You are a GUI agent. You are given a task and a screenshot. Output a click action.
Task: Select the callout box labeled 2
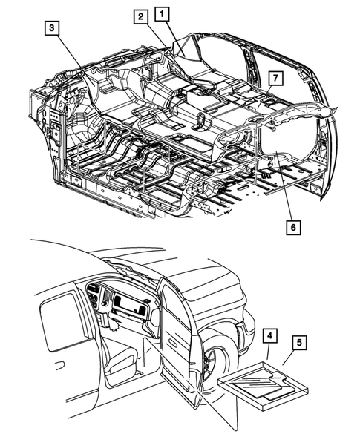pyautogui.click(x=141, y=17)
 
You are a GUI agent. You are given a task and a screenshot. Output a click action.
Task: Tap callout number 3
pyautogui.click(x=52, y=28)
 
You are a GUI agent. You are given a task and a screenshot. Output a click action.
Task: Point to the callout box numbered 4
pyautogui.click(x=269, y=336)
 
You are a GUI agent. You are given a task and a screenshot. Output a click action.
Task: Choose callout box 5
pyautogui.click(x=299, y=343)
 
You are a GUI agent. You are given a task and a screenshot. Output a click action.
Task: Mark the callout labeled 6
pyautogui.click(x=293, y=228)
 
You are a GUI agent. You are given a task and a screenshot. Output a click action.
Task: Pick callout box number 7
pyautogui.click(x=276, y=79)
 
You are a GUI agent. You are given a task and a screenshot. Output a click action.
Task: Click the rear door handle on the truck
pyautogui.click(x=59, y=366)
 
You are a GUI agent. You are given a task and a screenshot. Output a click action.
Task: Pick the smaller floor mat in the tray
pyautogui.click(x=280, y=394)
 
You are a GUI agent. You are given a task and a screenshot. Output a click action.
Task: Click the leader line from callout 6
pyautogui.click(x=284, y=188)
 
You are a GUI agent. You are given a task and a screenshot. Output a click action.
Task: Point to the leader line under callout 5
pyautogui.click(x=287, y=358)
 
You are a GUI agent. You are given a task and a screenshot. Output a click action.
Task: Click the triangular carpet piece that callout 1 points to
pyautogui.click(x=186, y=50)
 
